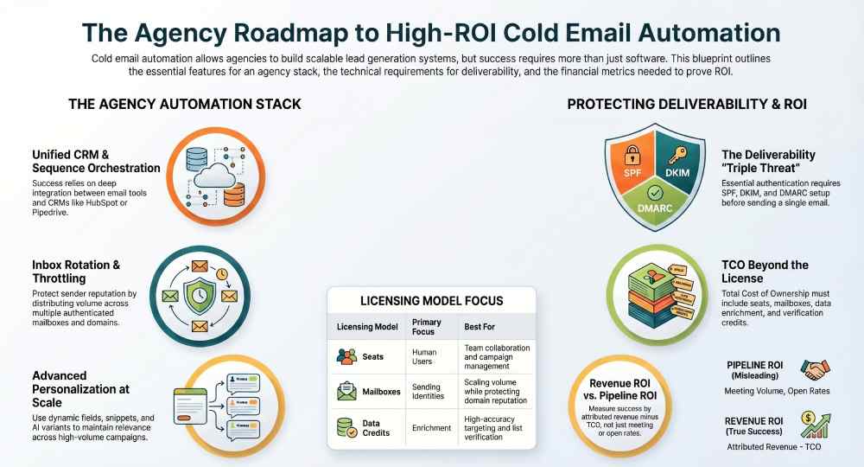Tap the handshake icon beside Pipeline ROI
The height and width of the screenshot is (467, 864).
(x=814, y=370)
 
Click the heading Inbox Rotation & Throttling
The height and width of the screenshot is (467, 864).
(x=76, y=269)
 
